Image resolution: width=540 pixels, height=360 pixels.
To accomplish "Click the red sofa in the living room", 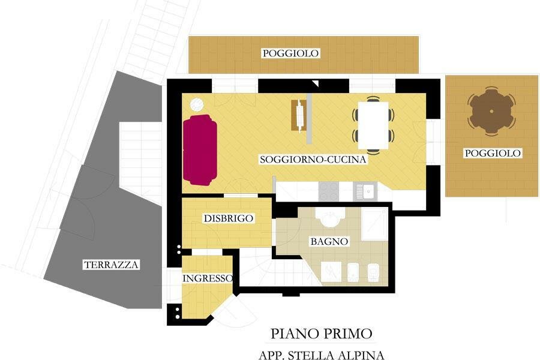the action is tap(200, 150).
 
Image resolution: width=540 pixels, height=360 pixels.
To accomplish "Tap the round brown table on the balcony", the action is tap(491, 111).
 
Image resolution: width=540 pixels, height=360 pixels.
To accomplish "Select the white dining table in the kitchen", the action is tap(373, 125).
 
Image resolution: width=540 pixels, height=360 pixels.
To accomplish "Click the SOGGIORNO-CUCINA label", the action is tap(313, 160).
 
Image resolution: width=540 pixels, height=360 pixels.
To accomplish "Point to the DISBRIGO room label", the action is tap(229, 218).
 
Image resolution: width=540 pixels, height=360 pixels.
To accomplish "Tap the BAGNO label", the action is tap(329, 241).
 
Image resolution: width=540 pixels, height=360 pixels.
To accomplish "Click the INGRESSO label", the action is tap(208, 278).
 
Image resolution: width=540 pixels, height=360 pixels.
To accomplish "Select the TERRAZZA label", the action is tap(111, 265).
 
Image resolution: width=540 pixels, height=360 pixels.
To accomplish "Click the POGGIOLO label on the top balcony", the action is tap(290, 53).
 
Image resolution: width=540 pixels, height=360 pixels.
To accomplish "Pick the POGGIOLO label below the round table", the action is tap(493, 154).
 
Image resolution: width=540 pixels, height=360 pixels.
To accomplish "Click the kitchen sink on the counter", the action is tap(365, 191).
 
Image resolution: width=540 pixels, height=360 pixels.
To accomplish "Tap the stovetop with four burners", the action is tap(329, 191).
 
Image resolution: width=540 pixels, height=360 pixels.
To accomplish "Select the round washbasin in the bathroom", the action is tap(330, 218).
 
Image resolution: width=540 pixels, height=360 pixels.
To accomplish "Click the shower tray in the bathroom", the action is tap(374, 224).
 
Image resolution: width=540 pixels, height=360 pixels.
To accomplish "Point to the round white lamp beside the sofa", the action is tap(197, 104).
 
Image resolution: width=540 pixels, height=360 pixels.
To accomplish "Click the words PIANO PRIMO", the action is tap(322, 334).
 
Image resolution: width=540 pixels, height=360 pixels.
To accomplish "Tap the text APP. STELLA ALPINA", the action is tap(322, 355).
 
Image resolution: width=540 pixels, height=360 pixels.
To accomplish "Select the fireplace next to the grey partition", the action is tap(299, 115).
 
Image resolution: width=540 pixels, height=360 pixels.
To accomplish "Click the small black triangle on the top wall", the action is tap(316, 83).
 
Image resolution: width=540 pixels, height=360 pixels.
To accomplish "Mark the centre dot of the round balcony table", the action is tap(491, 111).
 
